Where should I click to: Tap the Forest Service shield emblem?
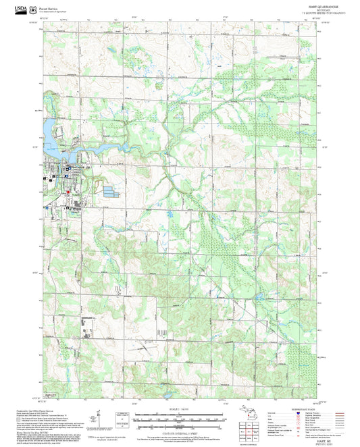point(34,8)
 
